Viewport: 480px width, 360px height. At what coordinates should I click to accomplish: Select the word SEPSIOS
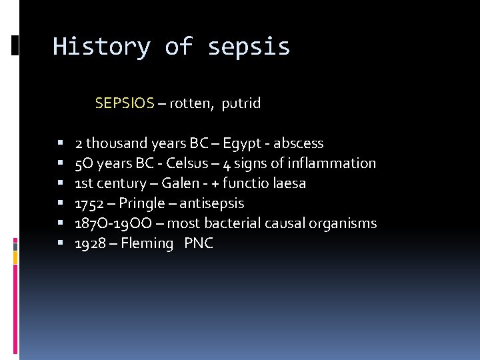125,103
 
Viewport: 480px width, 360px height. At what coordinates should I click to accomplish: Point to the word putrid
241,103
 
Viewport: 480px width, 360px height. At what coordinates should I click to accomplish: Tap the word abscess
297,143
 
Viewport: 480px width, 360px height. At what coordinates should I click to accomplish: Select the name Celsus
187,163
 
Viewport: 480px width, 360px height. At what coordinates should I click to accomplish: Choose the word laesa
289,183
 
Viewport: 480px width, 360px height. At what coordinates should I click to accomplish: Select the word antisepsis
213,203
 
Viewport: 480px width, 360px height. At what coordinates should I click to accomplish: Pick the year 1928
90,243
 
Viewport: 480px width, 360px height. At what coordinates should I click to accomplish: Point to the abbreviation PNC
199,243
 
